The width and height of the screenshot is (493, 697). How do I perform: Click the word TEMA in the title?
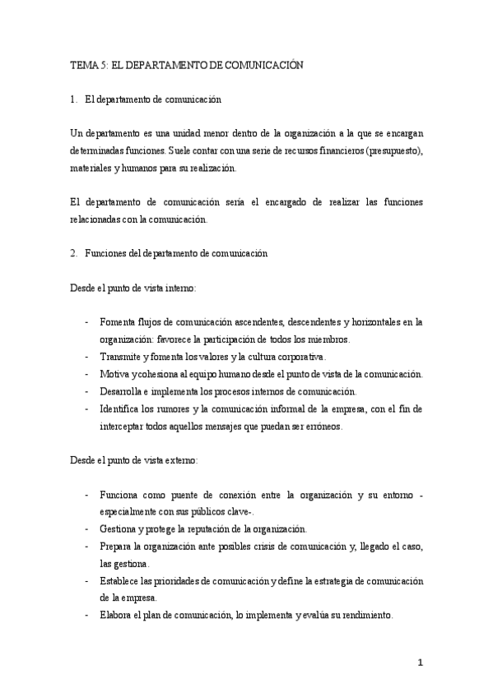tap(81, 67)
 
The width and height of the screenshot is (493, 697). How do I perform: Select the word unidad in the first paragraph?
tap(167, 134)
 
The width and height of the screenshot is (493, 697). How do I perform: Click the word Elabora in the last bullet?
tap(118, 616)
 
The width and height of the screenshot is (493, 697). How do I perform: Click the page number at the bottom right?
tap(420, 662)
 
